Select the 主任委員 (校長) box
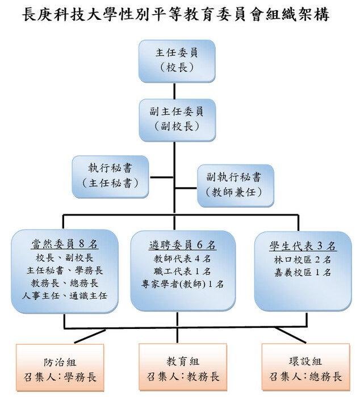point(177,61)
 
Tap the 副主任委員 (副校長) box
point(177,119)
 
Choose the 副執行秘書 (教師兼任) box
point(235,185)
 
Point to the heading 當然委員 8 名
point(64,244)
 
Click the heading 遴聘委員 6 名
point(182,245)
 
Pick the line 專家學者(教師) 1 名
point(182,284)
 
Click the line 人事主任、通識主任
point(64,295)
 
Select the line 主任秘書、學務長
point(64,269)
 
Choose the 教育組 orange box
point(183,369)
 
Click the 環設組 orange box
point(305,369)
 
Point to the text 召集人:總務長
point(305,377)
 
